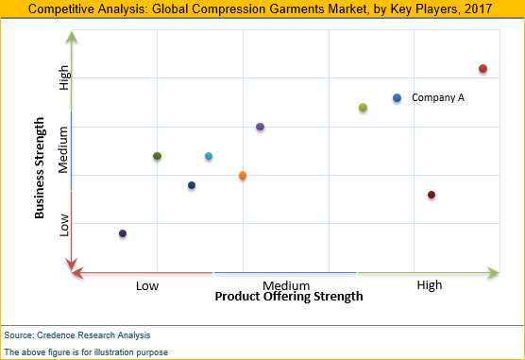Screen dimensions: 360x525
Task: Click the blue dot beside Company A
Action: coord(397,98)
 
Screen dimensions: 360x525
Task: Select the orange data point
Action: coord(243,176)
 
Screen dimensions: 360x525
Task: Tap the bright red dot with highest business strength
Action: coord(483,69)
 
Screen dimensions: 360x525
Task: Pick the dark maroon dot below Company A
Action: coord(432,195)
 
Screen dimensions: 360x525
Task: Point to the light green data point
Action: coord(363,108)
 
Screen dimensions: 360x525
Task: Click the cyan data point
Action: coord(209,156)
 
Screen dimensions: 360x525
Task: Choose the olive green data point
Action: coord(157,156)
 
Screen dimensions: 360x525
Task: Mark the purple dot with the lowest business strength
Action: coord(123,233)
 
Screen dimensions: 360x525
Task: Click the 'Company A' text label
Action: coord(438,98)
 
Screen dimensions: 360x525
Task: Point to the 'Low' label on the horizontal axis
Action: coord(147,284)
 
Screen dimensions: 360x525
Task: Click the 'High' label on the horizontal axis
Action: coord(430,284)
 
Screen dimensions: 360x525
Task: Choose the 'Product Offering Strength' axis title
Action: coord(288,297)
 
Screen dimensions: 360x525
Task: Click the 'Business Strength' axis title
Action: coord(40,168)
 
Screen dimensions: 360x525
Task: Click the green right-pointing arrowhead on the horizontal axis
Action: coord(492,273)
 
